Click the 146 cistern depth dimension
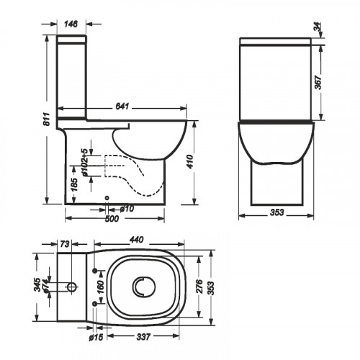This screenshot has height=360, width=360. [71, 24]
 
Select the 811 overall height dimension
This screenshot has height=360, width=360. [48, 119]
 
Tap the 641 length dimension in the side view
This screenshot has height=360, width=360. [122, 107]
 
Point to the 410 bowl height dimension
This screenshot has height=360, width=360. [190, 162]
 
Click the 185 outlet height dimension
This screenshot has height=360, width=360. [75, 184]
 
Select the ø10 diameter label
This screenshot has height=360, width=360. [127, 209]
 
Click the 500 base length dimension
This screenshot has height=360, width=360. [112, 219]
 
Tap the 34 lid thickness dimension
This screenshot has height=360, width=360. [317, 26]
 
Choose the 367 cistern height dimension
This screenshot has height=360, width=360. [318, 83]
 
